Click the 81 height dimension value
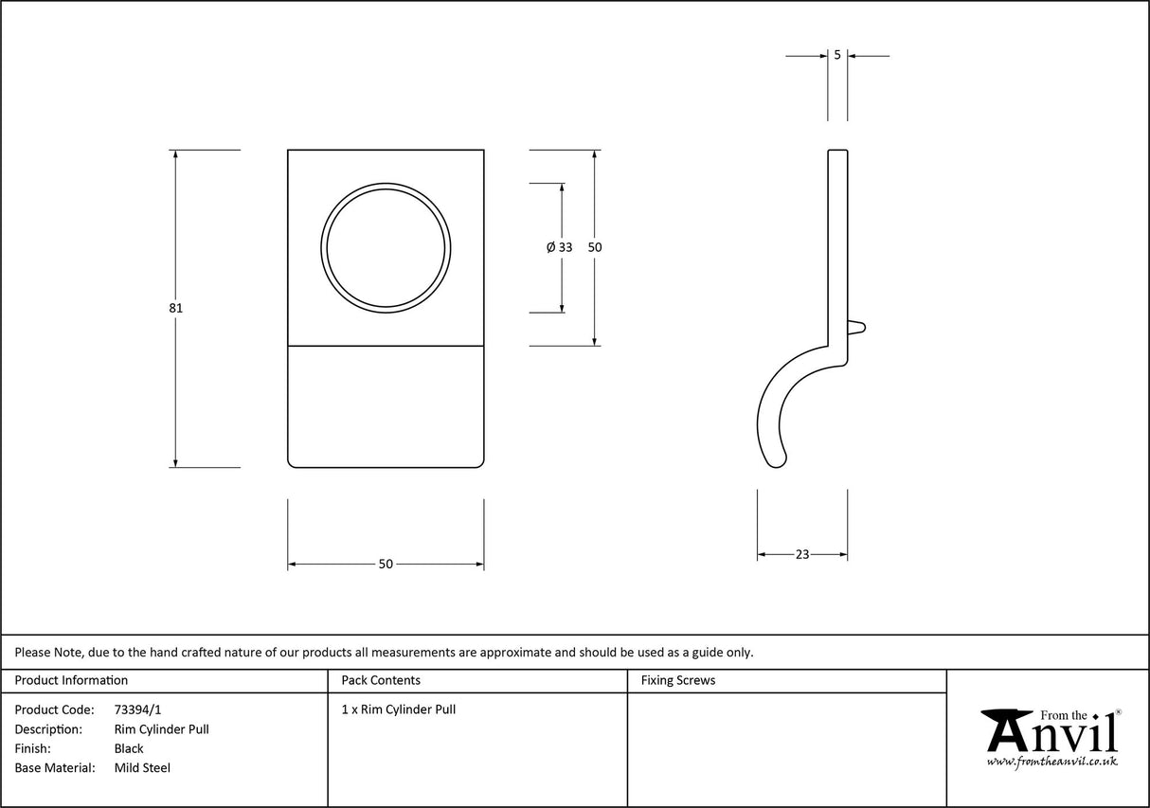176,308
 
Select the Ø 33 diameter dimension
560,247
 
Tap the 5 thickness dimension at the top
837,55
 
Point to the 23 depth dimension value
802,554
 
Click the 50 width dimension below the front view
386,564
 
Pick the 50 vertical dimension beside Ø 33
595,247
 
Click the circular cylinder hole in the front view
386,246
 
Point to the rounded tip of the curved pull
778,461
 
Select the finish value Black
129,748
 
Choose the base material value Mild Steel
142,768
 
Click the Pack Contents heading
381,680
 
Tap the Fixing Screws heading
678,680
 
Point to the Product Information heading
71,680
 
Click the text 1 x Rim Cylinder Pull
399,709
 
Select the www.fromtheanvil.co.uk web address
1051,762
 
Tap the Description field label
48,729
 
